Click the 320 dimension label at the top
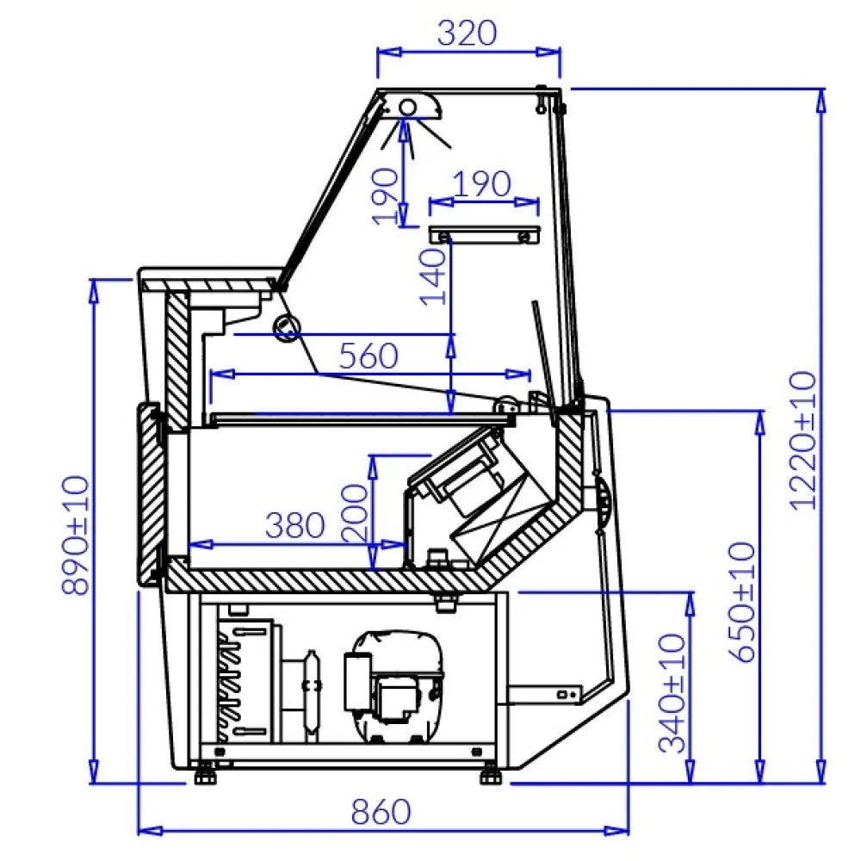[468, 33]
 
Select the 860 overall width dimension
[381, 811]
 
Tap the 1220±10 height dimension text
[802, 439]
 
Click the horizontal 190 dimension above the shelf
[482, 183]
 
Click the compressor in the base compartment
[393, 684]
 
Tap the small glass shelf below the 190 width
[485, 234]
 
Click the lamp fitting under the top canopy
[410, 107]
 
